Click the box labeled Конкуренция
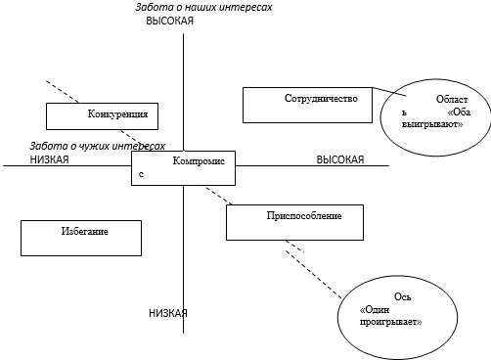pyautogui.click(x=102, y=114)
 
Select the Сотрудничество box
pyautogui.click(x=308, y=105)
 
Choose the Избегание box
pyautogui.click(x=81, y=236)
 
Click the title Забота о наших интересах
pyautogui.click(x=203, y=7)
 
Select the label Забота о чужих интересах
pyautogui.click(x=97, y=145)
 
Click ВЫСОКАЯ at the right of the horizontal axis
pyautogui.click(x=339, y=159)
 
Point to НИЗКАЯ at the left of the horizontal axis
pyautogui.click(x=49, y=159)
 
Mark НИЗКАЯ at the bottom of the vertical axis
pyautogui.click(x=167, y=314)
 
